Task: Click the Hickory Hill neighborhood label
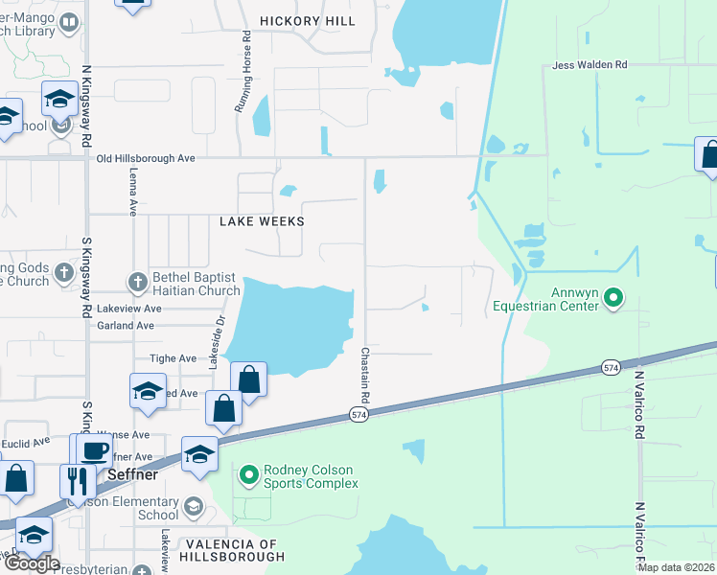308,21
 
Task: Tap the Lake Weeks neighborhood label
262,221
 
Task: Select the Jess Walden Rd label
590,65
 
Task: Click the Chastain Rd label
365,375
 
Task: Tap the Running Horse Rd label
246,72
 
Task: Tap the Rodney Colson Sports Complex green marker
249,474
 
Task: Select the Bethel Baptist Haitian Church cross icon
137,282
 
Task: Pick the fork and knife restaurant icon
74,479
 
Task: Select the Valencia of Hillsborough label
232,550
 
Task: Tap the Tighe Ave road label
173,358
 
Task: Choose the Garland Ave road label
126,326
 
